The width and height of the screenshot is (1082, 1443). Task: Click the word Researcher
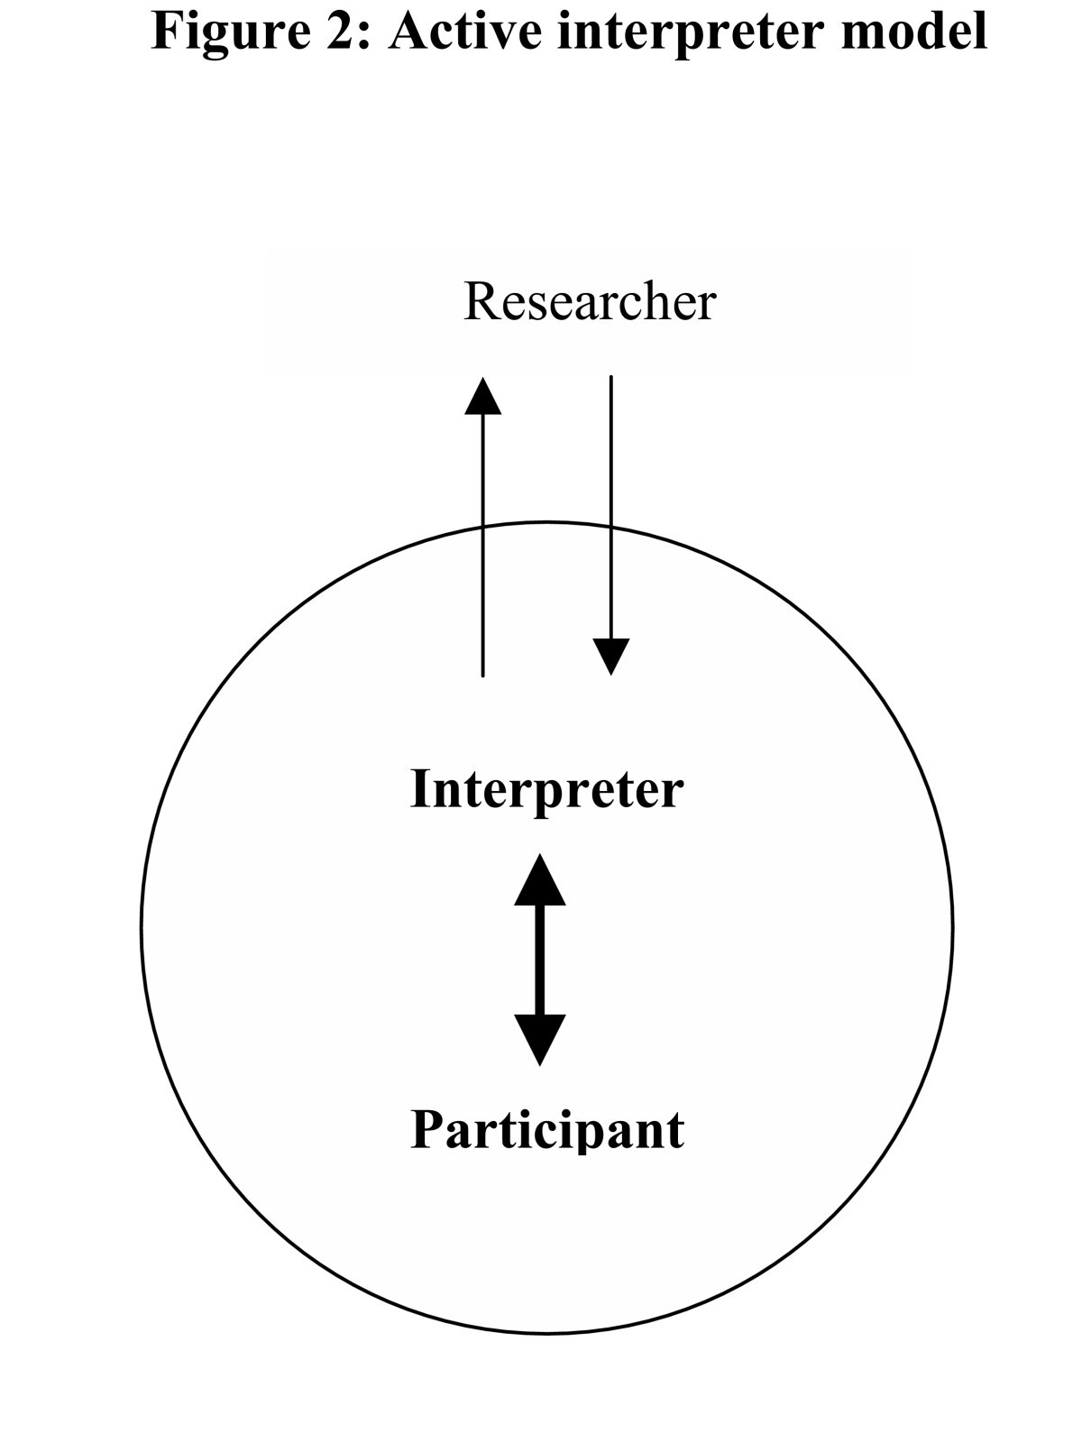point(589,302)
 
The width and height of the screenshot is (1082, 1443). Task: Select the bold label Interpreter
point(546,790)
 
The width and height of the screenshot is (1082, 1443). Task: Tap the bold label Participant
point(546,1129)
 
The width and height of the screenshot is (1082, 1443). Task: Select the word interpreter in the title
point(690,32)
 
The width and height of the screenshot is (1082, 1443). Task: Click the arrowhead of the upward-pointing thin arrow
point(483,397)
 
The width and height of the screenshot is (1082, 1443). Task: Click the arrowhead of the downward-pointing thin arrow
point(611,656)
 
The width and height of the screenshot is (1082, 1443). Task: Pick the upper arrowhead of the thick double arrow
point(540,880)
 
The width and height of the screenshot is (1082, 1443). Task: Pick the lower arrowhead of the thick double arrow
point(540,1039)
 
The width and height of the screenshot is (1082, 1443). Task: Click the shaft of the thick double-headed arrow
point(540,960)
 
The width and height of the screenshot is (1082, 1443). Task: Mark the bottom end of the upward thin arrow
point(483,674)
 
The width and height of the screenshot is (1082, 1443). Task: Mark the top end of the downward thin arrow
point(611,378)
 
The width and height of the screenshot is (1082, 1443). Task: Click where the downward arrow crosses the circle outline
point(611,528)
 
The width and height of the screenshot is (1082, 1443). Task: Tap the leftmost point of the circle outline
point(142,927)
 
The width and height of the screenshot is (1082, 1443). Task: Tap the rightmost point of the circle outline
point(951,927)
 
